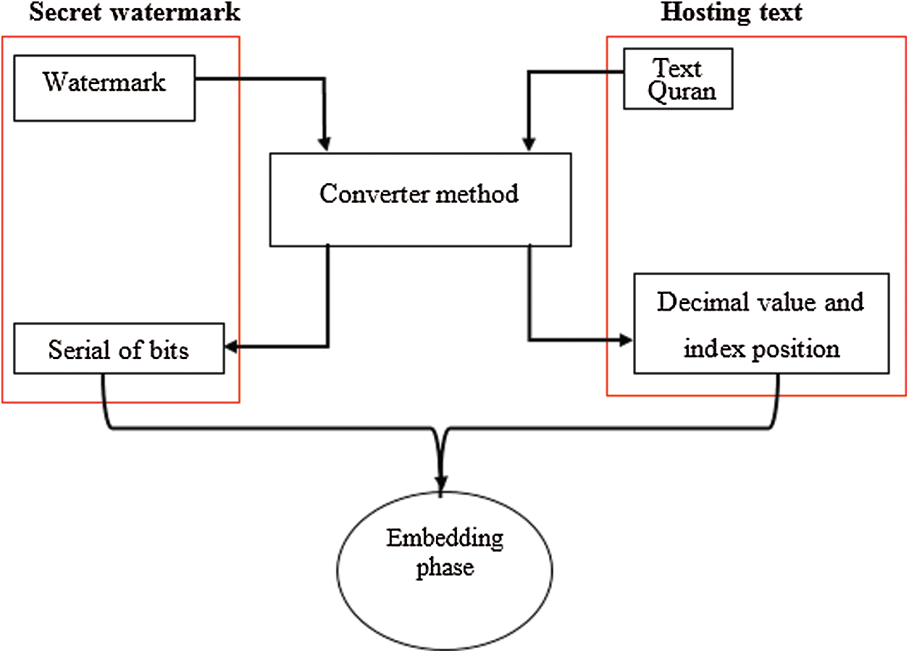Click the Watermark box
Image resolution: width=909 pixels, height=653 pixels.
coord(104,88)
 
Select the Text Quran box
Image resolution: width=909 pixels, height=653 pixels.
coord(678,79)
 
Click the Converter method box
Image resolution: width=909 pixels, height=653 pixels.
coord(420,200)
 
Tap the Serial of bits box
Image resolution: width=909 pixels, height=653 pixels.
coord(119,348)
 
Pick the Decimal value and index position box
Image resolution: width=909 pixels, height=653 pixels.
coord(762,324)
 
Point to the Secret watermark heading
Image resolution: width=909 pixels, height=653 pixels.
coord(135,12)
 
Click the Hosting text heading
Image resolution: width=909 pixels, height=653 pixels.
coord(732,12)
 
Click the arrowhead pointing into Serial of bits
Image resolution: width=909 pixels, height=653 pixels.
coord(230,347)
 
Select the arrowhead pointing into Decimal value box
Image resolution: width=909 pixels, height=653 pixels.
coord(626,340)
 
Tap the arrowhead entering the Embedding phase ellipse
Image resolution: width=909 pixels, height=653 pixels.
coord(441,484)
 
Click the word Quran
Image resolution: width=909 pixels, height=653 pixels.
coord(682,92)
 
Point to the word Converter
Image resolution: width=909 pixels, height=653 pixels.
coord(374,193)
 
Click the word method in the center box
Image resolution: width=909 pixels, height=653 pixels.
coord(477,193)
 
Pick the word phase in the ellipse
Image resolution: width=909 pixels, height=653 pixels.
coord(445,568)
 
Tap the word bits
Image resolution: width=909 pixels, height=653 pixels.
coord(169,350)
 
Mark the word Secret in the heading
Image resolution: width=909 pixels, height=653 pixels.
coord(65,12)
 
